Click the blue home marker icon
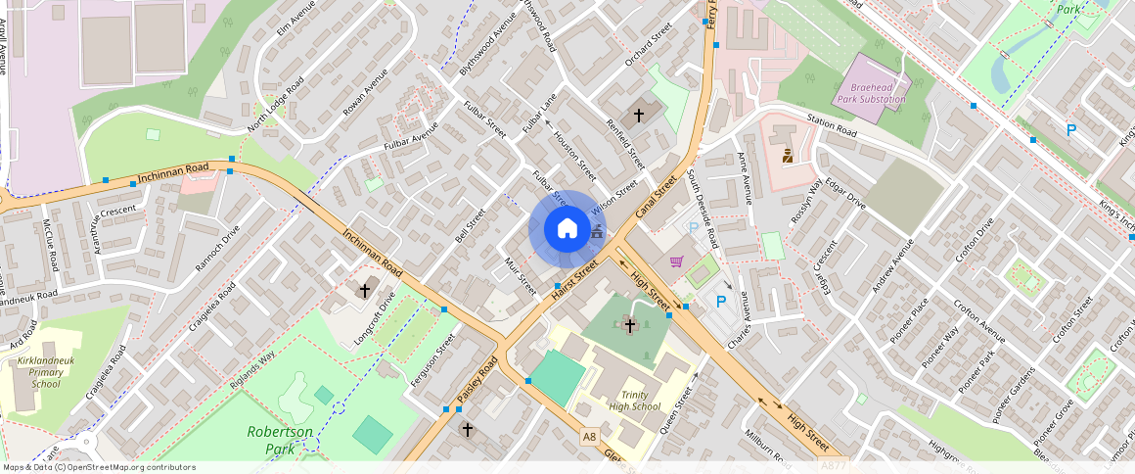point(567,229)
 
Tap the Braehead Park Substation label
point(871,93)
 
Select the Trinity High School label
point(634,400)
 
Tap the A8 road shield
point(588,437)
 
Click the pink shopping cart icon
point(676,261)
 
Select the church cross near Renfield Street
point(639,115)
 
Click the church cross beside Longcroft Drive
point(365,291)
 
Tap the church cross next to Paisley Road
point(467,429)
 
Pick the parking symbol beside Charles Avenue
point(722,303)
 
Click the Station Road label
point(832,126)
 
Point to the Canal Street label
point(657,197)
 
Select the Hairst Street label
point(574,280)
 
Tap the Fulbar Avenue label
point(411,141)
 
